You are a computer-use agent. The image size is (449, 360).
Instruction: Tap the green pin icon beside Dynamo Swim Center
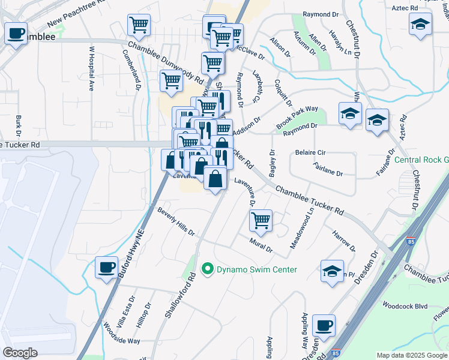208,269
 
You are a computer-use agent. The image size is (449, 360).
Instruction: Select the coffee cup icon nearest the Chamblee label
16,33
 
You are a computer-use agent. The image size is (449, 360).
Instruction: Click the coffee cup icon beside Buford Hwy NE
107,268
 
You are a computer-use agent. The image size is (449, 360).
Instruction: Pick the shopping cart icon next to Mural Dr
261,221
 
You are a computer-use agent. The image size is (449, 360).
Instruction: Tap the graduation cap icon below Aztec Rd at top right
421,25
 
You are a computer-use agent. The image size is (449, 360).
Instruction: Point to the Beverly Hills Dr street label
176,222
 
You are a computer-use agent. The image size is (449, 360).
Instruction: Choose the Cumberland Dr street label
131,69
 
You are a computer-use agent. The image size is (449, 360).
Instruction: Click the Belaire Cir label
310,153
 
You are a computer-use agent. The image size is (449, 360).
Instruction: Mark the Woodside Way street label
121,335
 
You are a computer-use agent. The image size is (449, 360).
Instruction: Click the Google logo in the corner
20,353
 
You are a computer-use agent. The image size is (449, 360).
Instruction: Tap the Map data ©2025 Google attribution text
412,355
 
